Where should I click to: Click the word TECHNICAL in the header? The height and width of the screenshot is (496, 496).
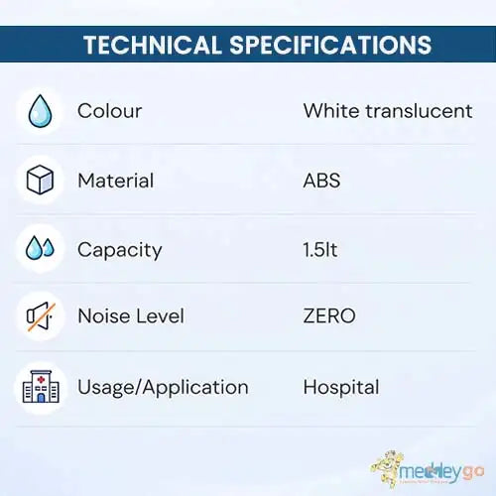(x=153, y=45)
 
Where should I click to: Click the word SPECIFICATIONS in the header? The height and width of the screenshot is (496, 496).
(x=330, y=45)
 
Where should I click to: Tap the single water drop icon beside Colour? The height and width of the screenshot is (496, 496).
(x=40, y=111)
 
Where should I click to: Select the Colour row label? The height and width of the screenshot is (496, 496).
(x=109, y=111)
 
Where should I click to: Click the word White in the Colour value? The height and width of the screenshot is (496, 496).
(x=331, y=111)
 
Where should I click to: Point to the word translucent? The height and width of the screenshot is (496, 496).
(x=419, y=111)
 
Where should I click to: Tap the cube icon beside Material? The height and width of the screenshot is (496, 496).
(x=40, y=180)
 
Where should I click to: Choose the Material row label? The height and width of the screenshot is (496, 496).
(x=116, y=181)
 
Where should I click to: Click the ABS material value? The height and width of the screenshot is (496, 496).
(x=321, y=181)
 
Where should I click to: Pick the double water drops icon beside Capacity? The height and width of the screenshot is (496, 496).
(x=40, y=248)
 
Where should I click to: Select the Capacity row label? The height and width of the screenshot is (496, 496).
(x=120, y=250)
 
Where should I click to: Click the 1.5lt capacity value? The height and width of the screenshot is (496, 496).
(x=320, y=250)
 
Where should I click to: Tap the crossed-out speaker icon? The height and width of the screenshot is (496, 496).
(x=41, y=316)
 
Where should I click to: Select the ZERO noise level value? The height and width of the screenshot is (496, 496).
(x=329, y=315)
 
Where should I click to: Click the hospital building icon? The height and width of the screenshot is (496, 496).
(x=41, y=387)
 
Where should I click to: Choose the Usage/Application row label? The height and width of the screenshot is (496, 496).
(x=163, y=388)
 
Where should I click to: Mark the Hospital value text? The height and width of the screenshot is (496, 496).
(x=341, y=388)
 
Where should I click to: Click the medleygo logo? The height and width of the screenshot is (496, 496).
(x=428, y=469)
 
